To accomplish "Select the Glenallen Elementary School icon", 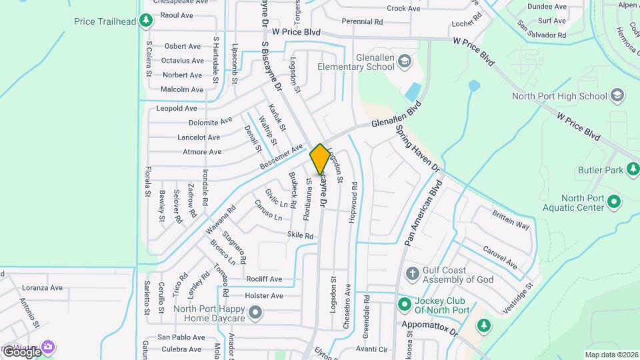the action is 404,63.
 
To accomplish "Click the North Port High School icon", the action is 617,95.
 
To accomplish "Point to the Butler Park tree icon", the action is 633,170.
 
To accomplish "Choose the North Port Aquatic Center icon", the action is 614,201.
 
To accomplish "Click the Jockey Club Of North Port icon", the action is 404,305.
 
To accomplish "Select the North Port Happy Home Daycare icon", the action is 255,312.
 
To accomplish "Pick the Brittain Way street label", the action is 511,221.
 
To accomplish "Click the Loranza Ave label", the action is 42,288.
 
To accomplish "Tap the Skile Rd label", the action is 300,235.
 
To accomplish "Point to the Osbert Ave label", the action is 183,46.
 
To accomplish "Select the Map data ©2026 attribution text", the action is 611,355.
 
